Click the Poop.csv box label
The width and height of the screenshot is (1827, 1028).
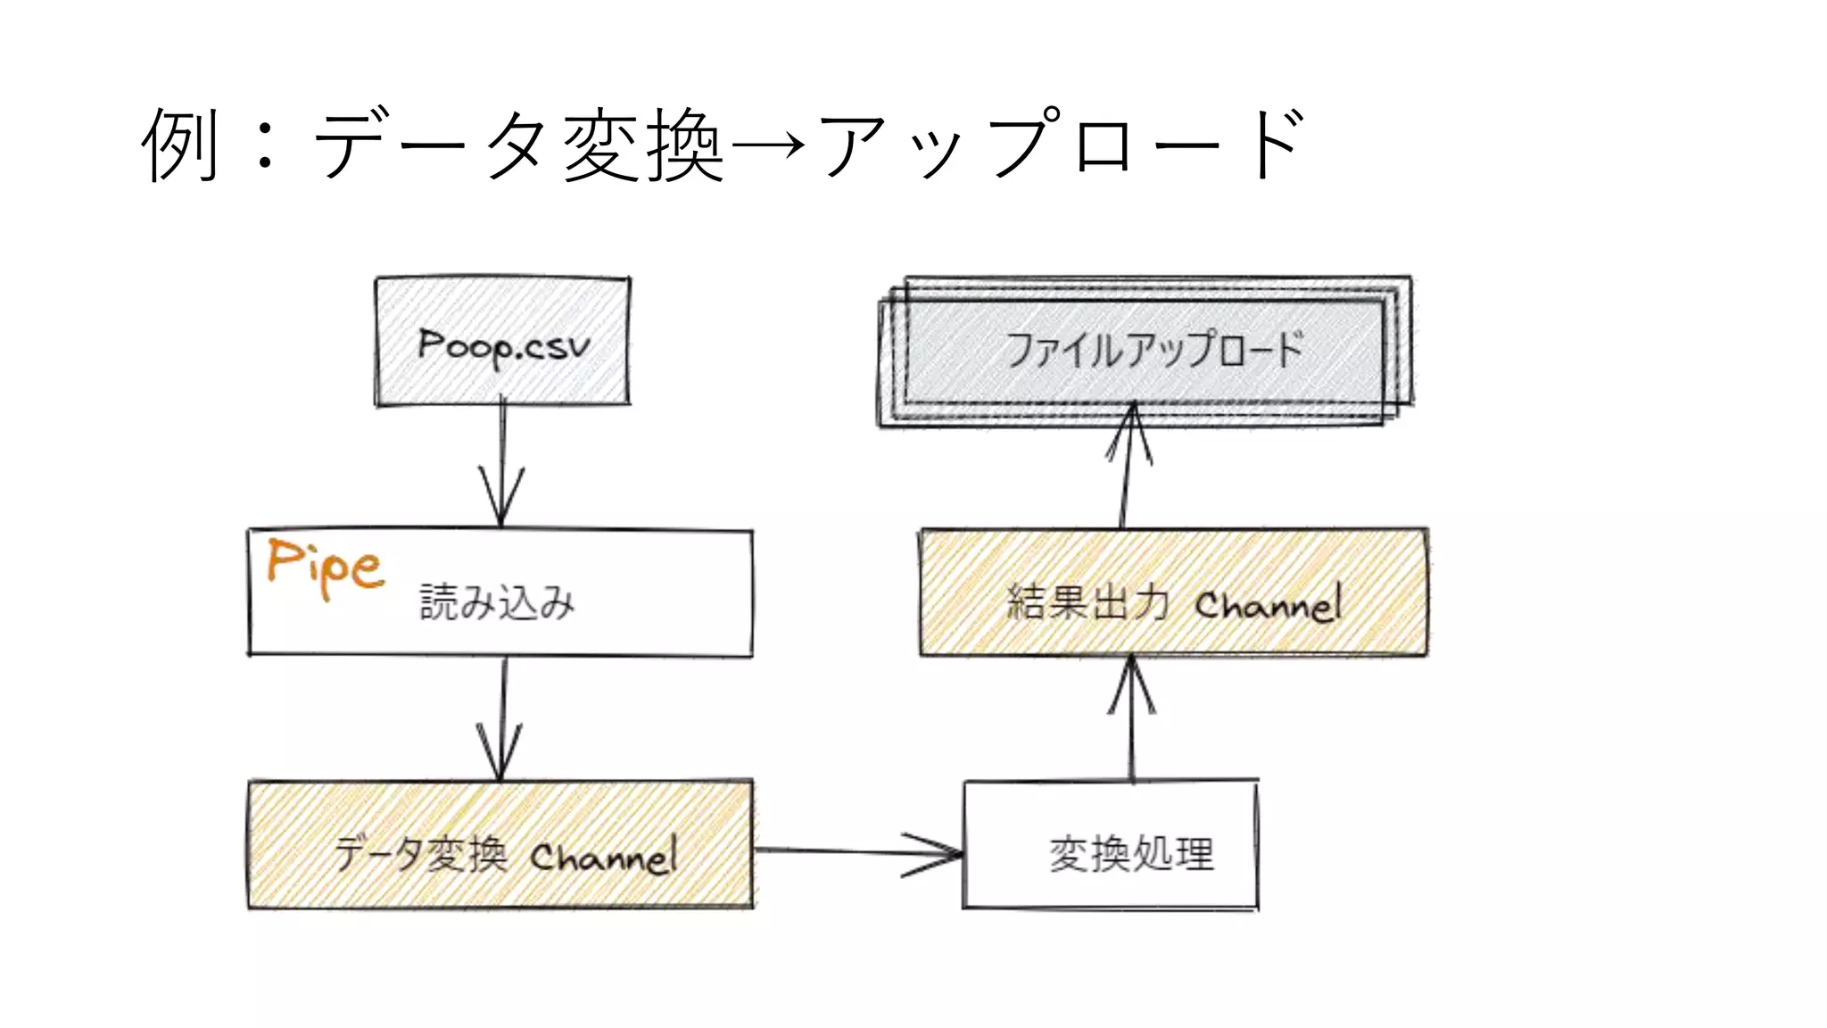[504, 346]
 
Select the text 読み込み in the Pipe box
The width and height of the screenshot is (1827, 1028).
[497, 602]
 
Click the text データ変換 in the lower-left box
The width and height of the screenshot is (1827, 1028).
[421, 854]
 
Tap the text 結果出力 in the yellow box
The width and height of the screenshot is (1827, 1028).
[1087, 601]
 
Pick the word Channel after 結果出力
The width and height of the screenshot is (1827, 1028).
[1269, 604]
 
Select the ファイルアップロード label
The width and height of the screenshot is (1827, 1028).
[1154, 349]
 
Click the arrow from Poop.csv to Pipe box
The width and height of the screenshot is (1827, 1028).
[501, 464]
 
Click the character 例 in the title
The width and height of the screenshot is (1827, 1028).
[180, 145]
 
